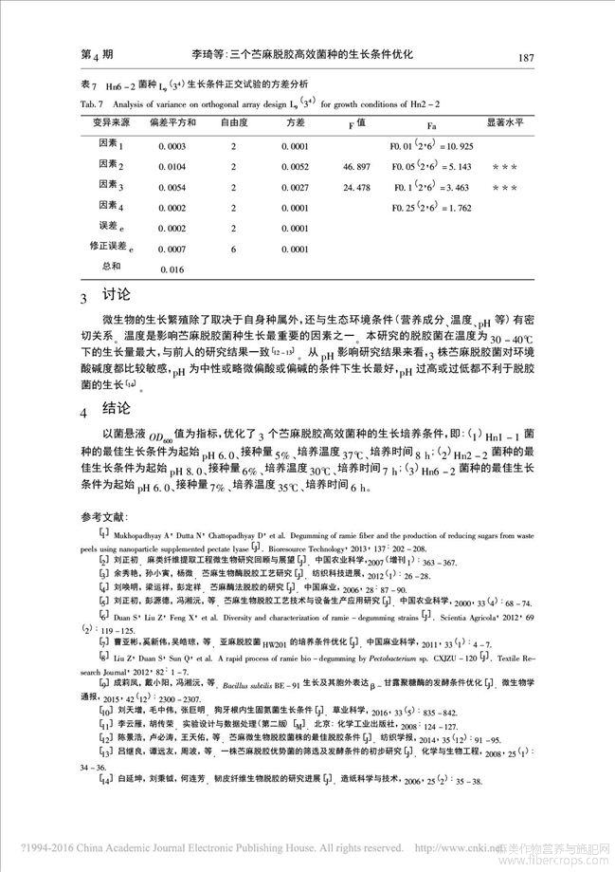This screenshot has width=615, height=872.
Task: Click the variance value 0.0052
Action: [x=297, y=166]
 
